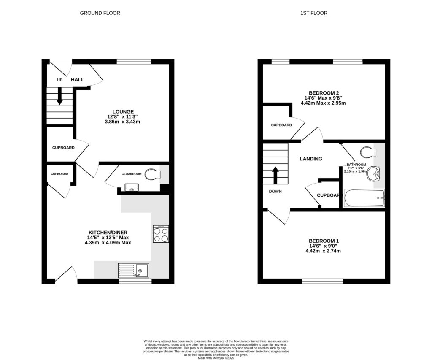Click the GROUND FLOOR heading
point(100,13)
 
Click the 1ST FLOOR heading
point(313,13)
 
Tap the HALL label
point(77,79)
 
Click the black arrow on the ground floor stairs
point(59,95)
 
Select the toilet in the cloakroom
point(151,174)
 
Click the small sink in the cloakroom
point(132,188)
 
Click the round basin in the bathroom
point(374,173)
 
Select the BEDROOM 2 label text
point(324,93)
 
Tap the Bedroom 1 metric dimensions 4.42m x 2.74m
point(323,251)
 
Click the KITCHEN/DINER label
point(108,233)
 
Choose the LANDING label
point(311,159)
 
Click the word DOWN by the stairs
point(275,191)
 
